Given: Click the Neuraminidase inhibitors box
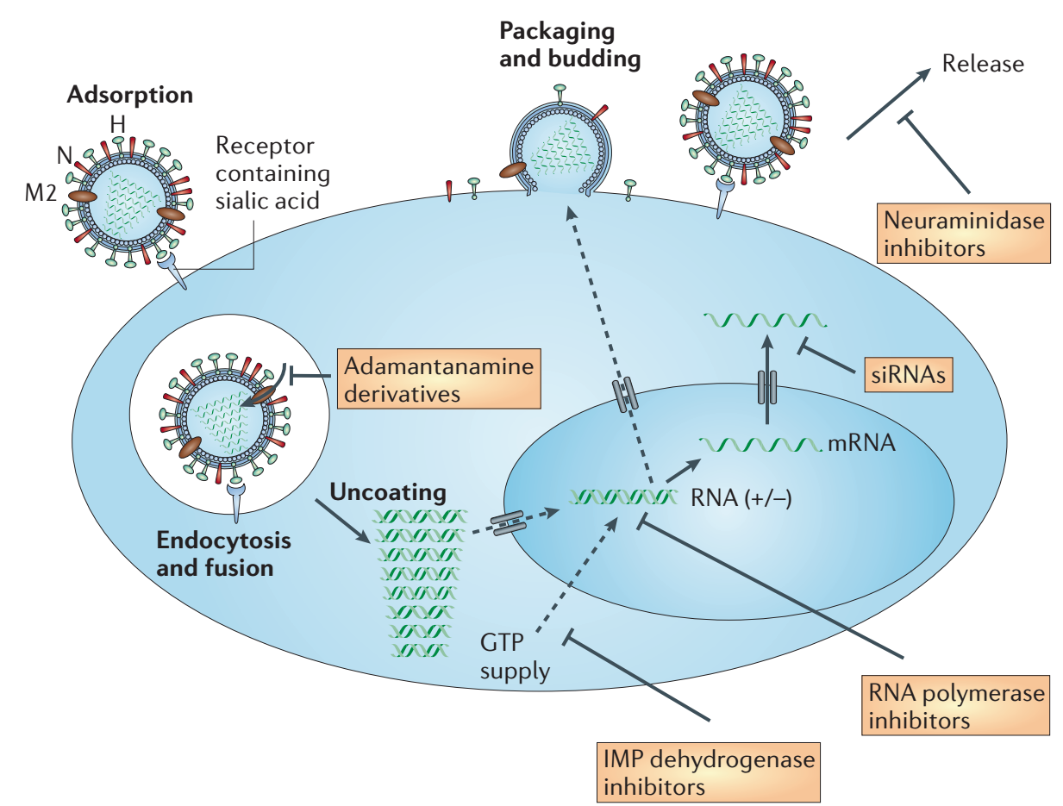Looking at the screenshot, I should point(964,234).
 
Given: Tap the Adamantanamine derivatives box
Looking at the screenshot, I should point(439,378).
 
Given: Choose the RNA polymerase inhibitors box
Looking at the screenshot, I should point(955,705).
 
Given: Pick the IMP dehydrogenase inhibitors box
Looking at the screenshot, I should point(708,772).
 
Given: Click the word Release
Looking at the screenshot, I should point(983,64).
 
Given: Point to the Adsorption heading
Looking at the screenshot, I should point(129,94).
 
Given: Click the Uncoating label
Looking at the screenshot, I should point(388,493).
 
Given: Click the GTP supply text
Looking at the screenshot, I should point(516,657).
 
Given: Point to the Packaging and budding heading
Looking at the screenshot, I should point(570,47).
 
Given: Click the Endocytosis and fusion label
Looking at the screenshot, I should point(222,555).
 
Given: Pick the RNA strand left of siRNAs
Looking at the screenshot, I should point(764,321).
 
